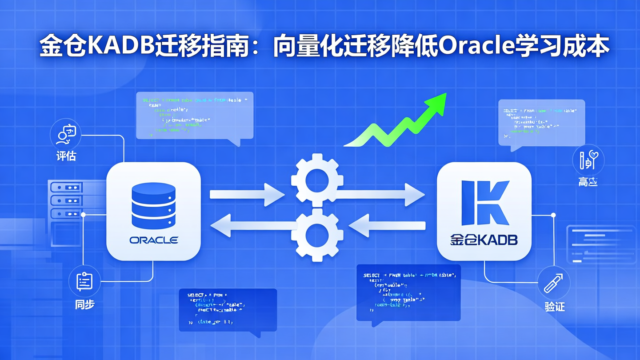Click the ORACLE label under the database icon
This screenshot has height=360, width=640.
click(x=154, y=240)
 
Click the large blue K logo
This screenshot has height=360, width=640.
click(x=484, y=203)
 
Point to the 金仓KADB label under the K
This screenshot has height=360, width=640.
click(x=484, y=240)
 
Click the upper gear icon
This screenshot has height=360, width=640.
click(x=317, y=180)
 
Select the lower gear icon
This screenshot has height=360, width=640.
click(x=317, y=233)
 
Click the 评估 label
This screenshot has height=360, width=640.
click(x=66, y=156)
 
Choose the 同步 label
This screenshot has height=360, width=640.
click(x=84, y=304)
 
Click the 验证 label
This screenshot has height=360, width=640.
click(x=554, y=306)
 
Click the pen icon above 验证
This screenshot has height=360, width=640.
click(x=554, y=283)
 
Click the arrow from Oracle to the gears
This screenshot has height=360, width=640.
click(x=247, y=194)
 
